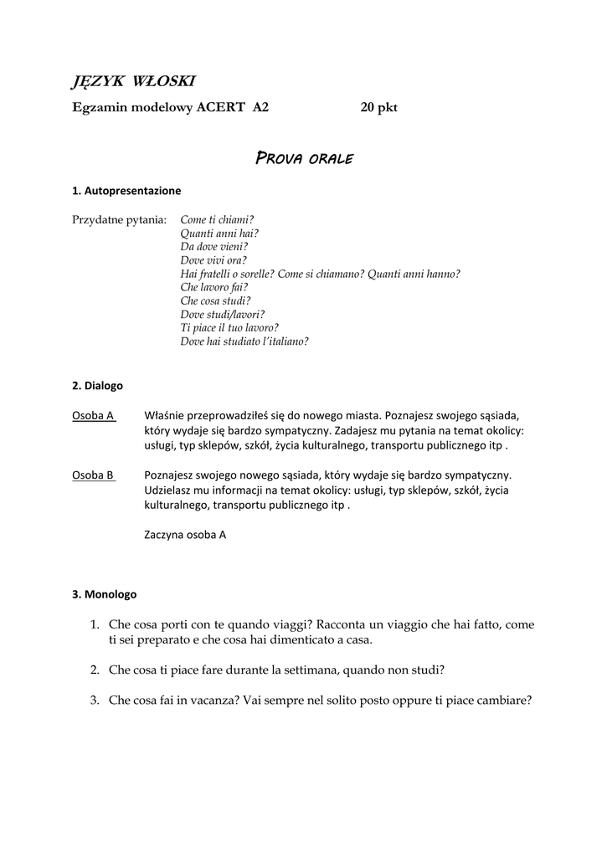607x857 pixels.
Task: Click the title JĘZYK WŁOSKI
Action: [134, 80]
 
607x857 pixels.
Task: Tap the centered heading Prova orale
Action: [304, 158]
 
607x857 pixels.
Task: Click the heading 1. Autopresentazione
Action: [126, 191]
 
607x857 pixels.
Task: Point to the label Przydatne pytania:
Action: [120, 220]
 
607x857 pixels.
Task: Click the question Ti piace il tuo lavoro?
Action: [229, 327]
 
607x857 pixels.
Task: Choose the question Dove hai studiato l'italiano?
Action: [244, 341]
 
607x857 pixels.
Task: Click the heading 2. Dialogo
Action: [98, 386]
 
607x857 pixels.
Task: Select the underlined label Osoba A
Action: [94, 415]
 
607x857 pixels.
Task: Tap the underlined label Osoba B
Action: [94, 475]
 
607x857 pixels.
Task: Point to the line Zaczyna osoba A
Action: [185, 534]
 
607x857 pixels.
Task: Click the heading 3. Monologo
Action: [105, 594]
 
